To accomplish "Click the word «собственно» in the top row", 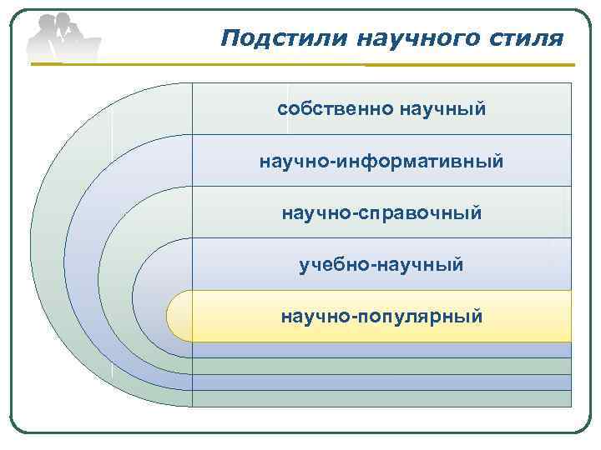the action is (x=336, y=109).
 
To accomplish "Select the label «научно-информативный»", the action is (x=381, y=161).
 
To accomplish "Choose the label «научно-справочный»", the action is (x=381, y=212).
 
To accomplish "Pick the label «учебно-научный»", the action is (x=381, y=265).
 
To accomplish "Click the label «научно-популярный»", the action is (x=381, y=317).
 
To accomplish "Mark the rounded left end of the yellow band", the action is (x=178, y=317).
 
